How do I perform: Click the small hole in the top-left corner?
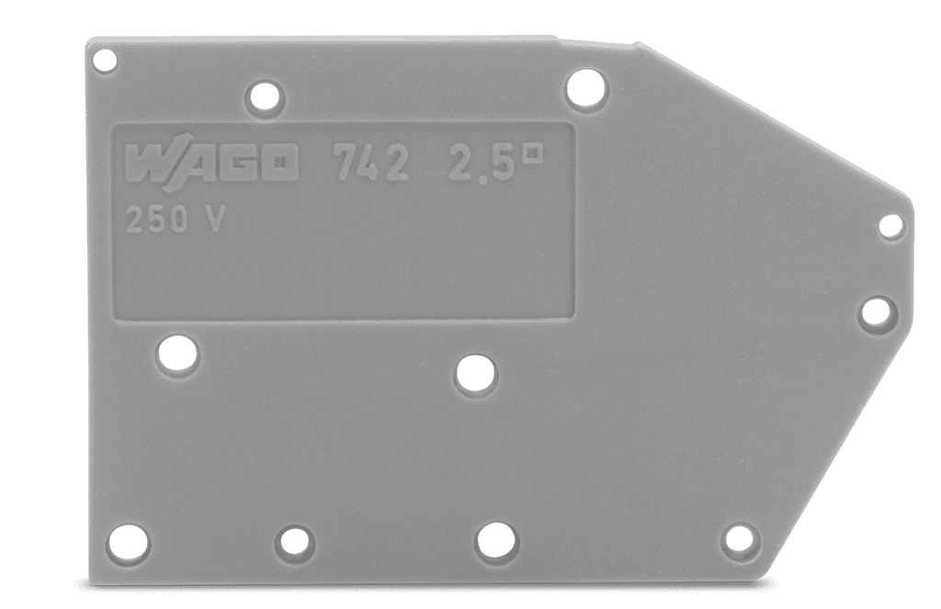(x=106, y=62)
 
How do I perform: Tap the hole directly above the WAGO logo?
(x=265, y=96)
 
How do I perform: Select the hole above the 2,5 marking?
(x=586, y=89)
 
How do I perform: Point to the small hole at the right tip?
(x=891, y=226)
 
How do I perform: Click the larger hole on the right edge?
(x=876, y=312)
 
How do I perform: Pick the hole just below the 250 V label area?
(x=177, y=354)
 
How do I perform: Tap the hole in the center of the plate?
(x=475, y=375)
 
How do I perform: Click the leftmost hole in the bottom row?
(x=128, y=543)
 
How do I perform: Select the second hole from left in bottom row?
(x=294, y=541)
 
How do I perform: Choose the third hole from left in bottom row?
(x=497, y=539)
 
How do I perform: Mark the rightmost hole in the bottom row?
(x=740, y=539)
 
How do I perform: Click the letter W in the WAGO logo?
(x=147, y=165)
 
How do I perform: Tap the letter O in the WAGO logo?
(x=278, y=166)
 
